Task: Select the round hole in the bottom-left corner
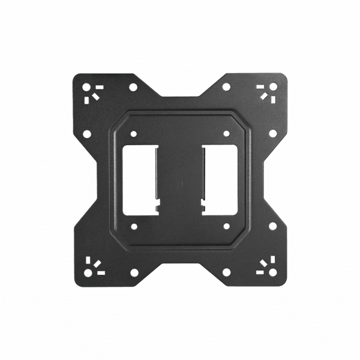[x=88, y=274]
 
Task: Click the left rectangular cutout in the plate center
[x=139, y=179]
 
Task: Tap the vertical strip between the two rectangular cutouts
[x=180, y=179]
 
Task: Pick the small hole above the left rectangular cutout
[x=133, y=133]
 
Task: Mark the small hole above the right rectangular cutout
[x=226, y=133]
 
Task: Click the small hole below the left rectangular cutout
[x=133, y=226]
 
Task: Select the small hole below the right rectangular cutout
[x=226, y=226]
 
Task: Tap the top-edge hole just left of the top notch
[x=133, y=88]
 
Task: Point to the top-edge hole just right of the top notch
[x=226, y=88]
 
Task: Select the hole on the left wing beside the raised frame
[x=88, y=133]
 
